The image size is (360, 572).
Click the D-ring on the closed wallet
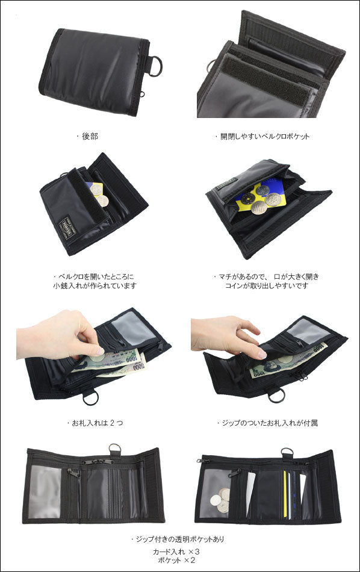tap(155, 66)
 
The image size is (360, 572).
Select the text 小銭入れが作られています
tap(95, 285)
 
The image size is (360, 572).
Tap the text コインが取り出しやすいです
tap(267, 285)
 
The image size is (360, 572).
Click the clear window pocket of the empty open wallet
tap(45, 492)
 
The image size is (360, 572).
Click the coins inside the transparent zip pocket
tap(221, 500)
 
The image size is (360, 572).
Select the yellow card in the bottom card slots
tap(285, 494)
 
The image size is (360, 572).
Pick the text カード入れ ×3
tap(176, 552)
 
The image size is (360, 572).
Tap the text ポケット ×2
tap(176, 561)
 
